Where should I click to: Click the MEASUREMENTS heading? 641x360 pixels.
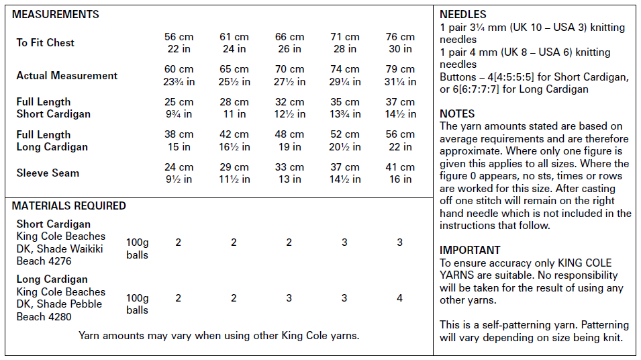pos(56,14)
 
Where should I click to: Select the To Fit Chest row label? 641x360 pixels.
pos(45,42)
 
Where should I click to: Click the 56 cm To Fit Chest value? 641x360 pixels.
pos(179,37)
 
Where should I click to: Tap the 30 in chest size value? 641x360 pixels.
pos(400,48)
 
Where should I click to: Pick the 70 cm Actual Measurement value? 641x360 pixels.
pos(289,69)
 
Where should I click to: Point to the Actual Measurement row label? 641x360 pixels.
pos(66,75)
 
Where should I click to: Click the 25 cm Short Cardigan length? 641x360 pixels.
pos(179,102)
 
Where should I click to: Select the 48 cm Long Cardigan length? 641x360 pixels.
pos(289,134)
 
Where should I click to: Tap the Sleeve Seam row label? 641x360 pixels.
pos(48,173)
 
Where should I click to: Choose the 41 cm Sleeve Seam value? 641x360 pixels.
pos(400,167)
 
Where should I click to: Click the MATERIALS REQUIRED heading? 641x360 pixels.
pos(68,206)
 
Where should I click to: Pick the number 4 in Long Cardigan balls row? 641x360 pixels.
pos(400,298)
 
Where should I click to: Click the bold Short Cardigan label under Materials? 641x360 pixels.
pos(53,224)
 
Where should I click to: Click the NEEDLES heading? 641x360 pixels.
pos(463,14)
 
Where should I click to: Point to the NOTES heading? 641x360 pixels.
pos(457,114)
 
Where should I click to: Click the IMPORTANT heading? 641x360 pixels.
pos(470,250)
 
